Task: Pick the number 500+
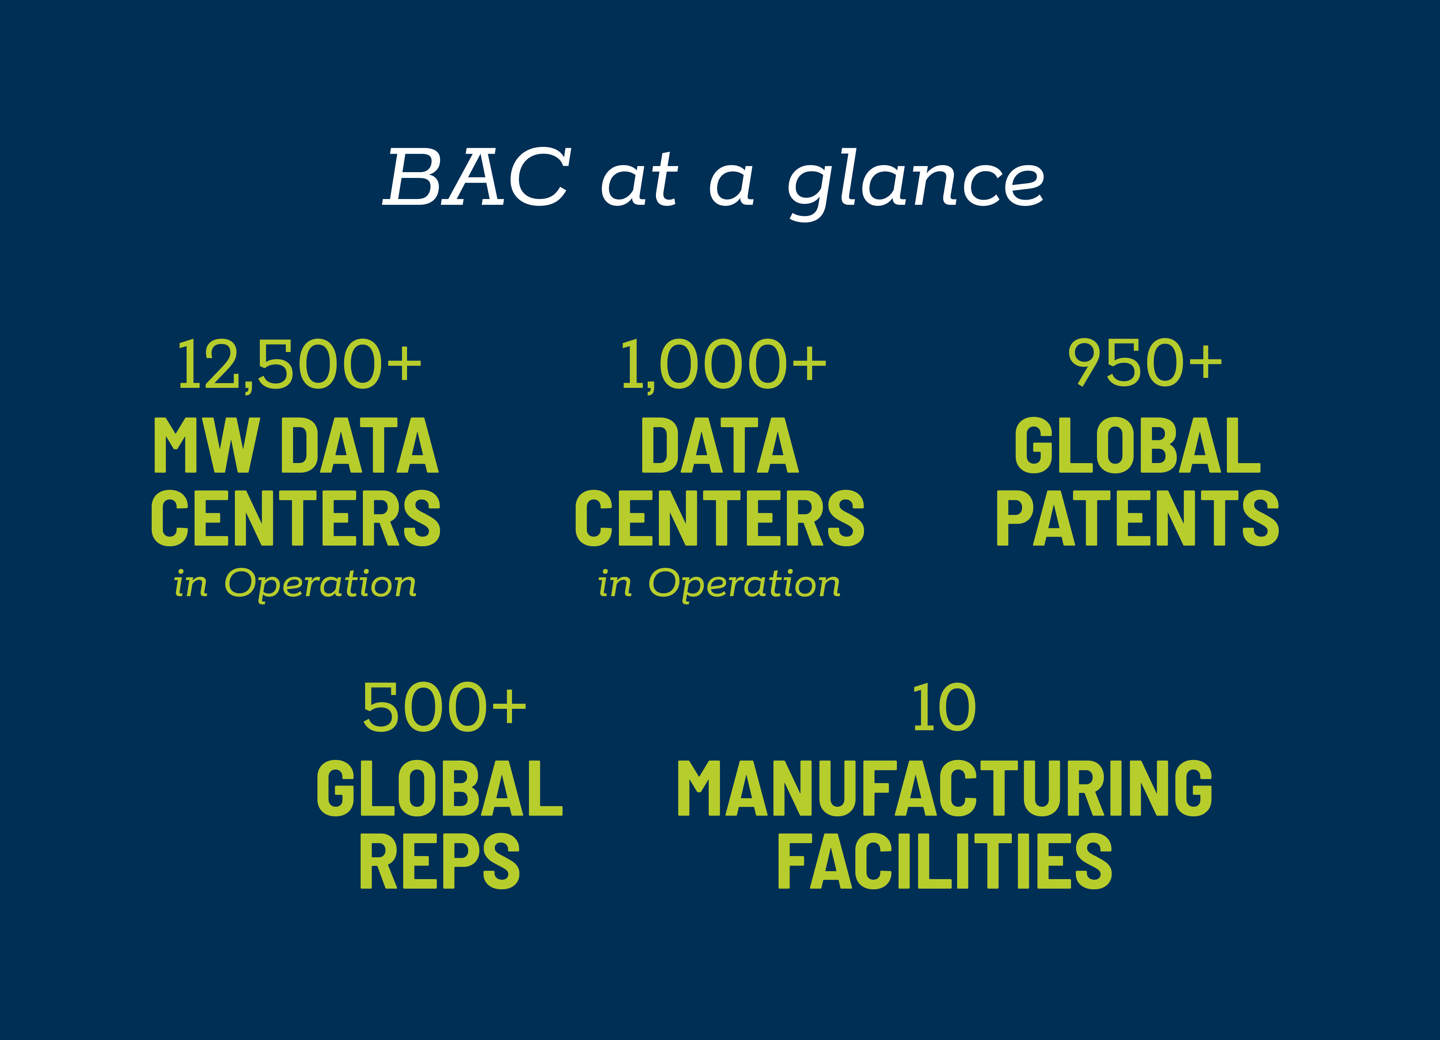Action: point(444,707)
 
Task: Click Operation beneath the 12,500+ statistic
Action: point(321,584)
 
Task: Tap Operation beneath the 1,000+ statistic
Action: point(745,584)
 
